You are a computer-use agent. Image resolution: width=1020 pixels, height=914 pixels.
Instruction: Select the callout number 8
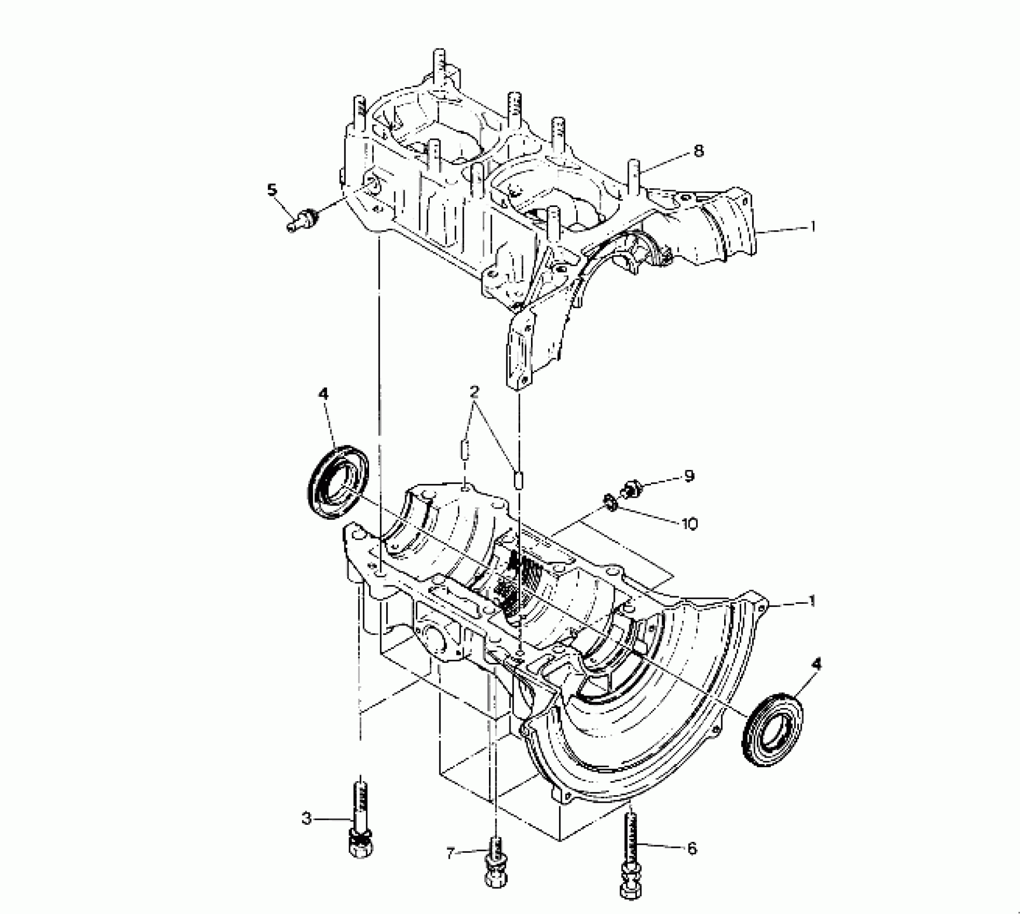click(698, 151)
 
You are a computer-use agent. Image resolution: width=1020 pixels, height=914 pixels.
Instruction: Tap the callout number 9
click(689, 475)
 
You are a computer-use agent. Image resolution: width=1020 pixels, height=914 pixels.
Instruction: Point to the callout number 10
click(689, 523)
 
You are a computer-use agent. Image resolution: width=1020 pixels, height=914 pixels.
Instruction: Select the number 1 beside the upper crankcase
click(813, 227)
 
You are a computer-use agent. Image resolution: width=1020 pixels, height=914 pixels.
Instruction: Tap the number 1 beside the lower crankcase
click(813, 601)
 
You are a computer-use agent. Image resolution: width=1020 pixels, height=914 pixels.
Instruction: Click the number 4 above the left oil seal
click(323, 394)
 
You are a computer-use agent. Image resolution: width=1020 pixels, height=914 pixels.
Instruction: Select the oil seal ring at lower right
click(773, 730)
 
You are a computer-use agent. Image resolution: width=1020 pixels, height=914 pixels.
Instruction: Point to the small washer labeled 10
click(610, 503)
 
